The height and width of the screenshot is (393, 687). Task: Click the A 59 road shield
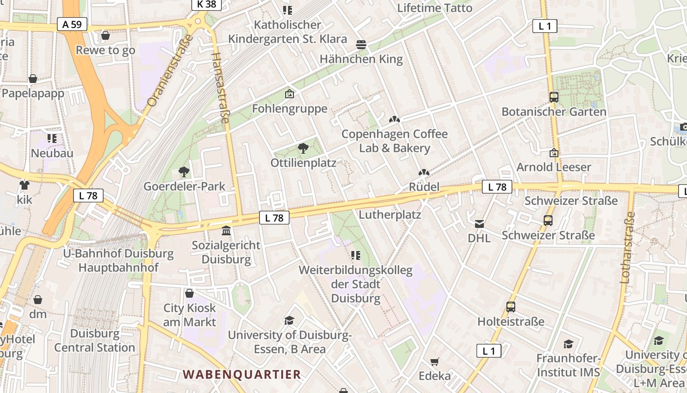tap(72, 24)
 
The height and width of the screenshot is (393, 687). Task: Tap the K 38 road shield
tap(206, 4)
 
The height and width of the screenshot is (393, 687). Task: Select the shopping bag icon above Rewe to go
tap(105, 35)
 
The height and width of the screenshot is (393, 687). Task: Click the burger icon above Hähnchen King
tap(361, 45)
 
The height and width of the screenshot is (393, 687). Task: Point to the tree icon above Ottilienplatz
tap(303, 148)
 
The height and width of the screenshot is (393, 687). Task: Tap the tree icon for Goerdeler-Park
tap(184, 171)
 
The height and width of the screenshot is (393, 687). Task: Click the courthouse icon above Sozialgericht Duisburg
tap(226, 230)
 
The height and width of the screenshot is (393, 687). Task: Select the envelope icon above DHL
tap(479, 224)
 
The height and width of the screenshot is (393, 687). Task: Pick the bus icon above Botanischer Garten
tap(554, 97)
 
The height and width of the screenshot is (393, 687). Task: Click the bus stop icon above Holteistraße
tap(511, 307)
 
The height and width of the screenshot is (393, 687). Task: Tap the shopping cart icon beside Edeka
tap(434, 362)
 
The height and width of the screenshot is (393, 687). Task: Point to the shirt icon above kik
tap(25, 185)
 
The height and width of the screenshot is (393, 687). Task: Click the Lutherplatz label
tap(390, 215)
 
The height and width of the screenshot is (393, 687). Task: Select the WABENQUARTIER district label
tap(242, 374)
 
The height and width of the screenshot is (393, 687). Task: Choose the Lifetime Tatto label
tap(435, 8)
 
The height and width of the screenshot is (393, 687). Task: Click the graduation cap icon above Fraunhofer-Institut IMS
tap(568, 344)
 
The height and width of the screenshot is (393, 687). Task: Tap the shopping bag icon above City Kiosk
tap(189, 293)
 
